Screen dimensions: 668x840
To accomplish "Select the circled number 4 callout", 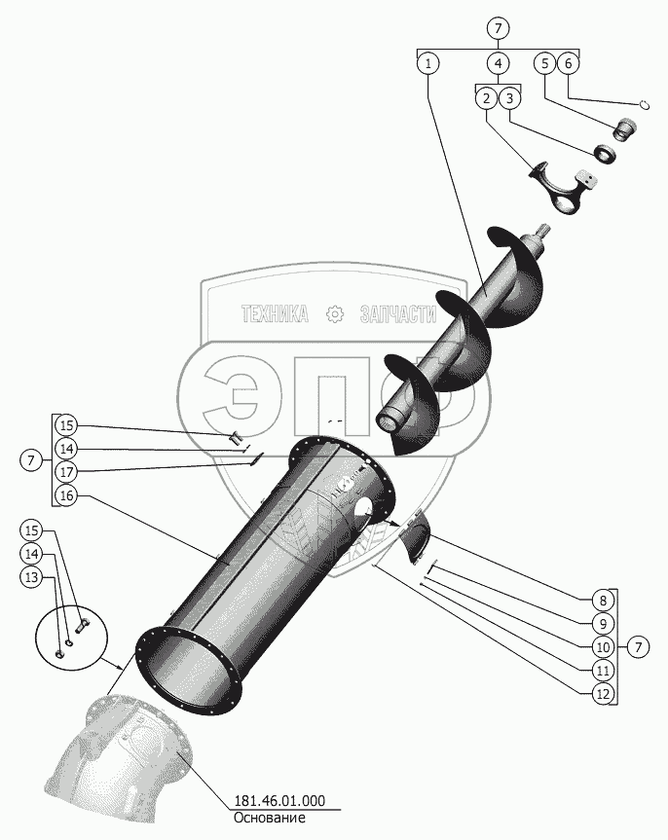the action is pos(499,64).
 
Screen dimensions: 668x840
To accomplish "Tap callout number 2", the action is pos(485,98).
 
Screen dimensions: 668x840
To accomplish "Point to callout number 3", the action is pos(510,98).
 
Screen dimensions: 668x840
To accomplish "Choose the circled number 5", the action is pos(545,64).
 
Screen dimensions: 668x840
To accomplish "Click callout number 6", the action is pos(570,64).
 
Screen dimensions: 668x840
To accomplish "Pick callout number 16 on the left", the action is pos(66,495).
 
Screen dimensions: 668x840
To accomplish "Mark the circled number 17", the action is pos(66,472).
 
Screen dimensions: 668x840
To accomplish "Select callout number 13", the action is pos(32,577).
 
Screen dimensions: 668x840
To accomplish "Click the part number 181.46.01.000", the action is pos(278,802).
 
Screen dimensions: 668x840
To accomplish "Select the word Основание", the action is pos(270,819).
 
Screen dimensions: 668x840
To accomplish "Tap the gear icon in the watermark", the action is pos(335,313).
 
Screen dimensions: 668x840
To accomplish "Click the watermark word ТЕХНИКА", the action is pos(275,313).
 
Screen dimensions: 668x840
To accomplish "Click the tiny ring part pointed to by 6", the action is pos(644,105).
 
